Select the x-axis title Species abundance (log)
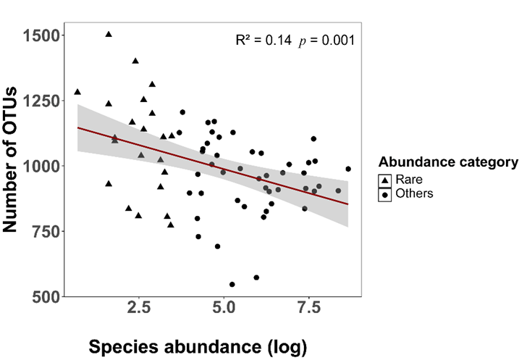coord(198,346)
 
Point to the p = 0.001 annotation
coord(326,41)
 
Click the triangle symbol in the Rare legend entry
coord(385,180)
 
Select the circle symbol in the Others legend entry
coord(385,194)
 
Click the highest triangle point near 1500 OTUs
coord(109,34)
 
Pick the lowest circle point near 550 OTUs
coord(232,285)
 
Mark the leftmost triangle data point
coord(77,92)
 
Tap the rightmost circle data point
coord(348,169)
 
